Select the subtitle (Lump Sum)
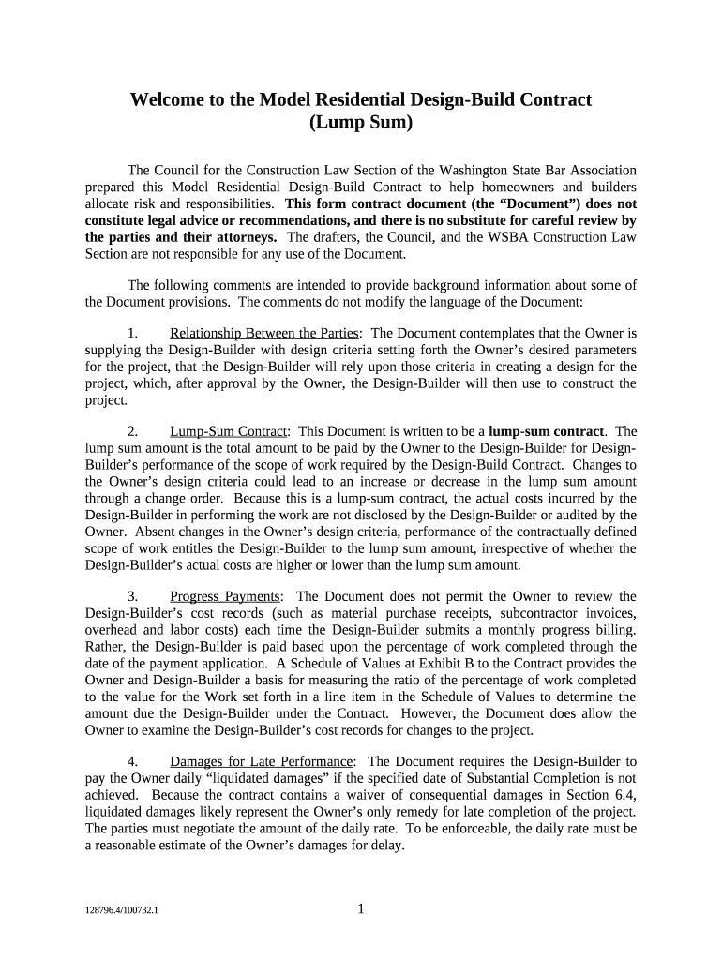pyautogui.click(x=360, y=123)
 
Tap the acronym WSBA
pyautogui.click(x=521, y=237)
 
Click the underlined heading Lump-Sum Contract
pyautogui.click(x=228, y=431)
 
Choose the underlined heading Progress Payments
pyautogui.click(x=224, y=596)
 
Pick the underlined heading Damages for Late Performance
pyautogui.click(x=261, y=761)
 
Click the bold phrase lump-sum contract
pyautogui.click(x=546, y=431)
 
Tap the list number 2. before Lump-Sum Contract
pyautogui.click(x=133, y=431)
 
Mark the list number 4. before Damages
pyautogui.click(x=133, y=761)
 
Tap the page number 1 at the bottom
pyautogui.click(x=361, y=907)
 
